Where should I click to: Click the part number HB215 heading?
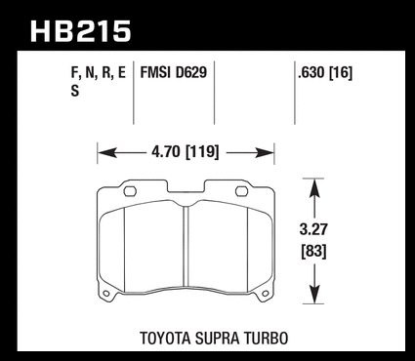(81, 31)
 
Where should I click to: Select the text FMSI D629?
(174, 72)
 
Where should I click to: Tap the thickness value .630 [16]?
(325, 73)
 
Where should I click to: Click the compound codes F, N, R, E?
(99, 73)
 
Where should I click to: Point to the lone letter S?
(75, 91)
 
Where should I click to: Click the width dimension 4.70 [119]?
(185, 152)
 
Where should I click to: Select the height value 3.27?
(313, 229)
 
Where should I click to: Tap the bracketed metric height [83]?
(313, 252)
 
